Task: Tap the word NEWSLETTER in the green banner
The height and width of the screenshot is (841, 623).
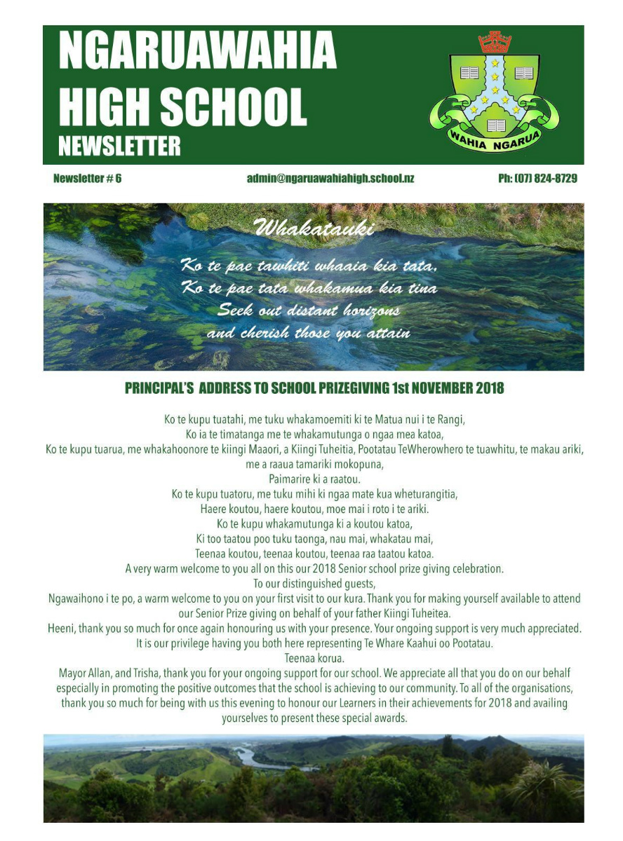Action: [x=119, y=146]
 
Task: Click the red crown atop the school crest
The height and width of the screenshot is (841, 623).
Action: [x=495, y=42]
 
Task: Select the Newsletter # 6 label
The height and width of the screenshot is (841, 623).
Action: [x=87, y=179]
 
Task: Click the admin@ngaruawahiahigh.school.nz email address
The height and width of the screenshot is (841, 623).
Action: [x=330, y=179]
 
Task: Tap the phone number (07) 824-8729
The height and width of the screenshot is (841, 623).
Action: [x=537, y=179]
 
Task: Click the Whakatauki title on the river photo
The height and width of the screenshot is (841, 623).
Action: [x=314, y=228]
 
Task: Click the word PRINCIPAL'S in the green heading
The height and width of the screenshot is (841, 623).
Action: [x=159, y=388]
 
